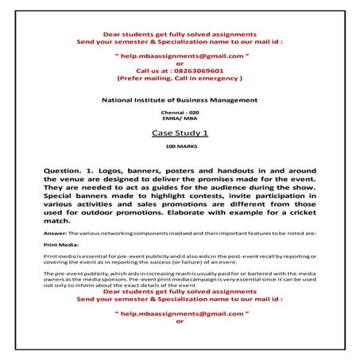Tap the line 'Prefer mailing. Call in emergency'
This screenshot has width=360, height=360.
(180, 79)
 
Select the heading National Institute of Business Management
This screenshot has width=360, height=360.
(180, 100)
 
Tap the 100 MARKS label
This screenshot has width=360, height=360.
(180, 149)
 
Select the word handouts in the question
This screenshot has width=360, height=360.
(251, 170)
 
